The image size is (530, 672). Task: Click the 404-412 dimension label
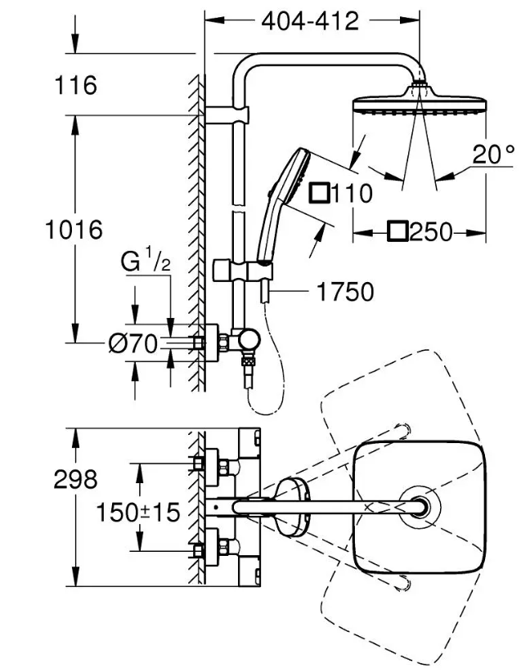coord(310,21)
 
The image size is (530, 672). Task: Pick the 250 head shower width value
coord(431,232)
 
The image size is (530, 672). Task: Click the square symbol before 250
coord(399,232)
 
